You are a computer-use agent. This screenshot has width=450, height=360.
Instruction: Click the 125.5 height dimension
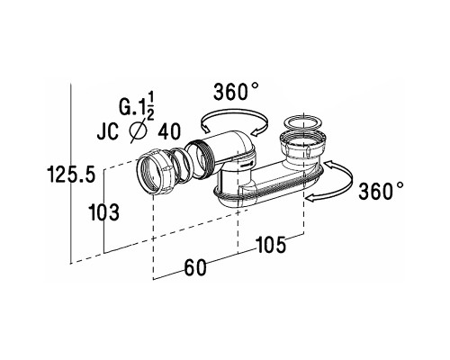click(71, 175)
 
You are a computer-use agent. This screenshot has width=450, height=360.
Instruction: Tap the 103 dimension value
click(104, 212)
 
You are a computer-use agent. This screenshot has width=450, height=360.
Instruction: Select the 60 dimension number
click(195, 267)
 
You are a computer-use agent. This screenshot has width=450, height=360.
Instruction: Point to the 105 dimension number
click(270, 245)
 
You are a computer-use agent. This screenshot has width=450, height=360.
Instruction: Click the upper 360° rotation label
click(236, 91)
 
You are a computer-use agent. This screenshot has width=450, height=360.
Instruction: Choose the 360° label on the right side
click(381, 191)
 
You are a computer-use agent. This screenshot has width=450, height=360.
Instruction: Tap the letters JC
click(107, 131)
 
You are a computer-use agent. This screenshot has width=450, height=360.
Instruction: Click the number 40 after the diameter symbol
click(169, 131)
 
